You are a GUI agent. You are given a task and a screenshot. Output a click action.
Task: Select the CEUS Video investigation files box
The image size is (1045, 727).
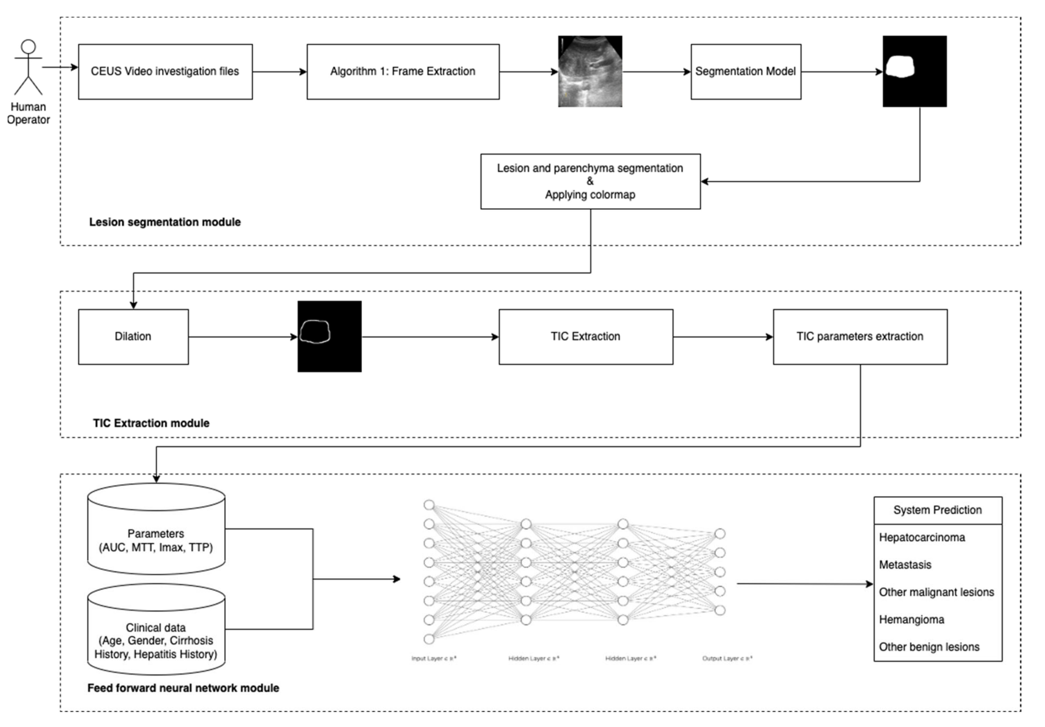click(165, 72)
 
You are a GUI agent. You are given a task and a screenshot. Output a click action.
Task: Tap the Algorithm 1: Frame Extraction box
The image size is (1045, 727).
click(403, 72)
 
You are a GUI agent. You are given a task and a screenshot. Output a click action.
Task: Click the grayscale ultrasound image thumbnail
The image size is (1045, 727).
click(590, 72)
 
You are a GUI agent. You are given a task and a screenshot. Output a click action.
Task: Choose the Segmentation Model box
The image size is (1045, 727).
click(746, 72)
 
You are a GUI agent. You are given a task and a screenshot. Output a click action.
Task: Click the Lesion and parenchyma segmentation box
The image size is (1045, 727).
click(590, 181)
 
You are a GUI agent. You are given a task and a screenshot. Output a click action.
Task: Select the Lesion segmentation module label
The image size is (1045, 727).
click(165, 222)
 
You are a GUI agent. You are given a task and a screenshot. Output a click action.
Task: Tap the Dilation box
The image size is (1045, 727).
click(133, 336)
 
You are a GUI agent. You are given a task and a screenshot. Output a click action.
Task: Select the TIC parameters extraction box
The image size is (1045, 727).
click(860, 336)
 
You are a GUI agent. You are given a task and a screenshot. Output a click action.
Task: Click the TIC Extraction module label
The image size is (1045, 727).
click(151, 423)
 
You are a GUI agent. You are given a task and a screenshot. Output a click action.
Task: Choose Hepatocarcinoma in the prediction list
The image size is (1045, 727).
click(922, 537)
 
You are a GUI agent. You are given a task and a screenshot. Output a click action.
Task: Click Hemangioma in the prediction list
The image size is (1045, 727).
click(911, 620)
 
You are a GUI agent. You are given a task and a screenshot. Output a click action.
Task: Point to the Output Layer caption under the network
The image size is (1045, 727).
click(727, 658)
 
